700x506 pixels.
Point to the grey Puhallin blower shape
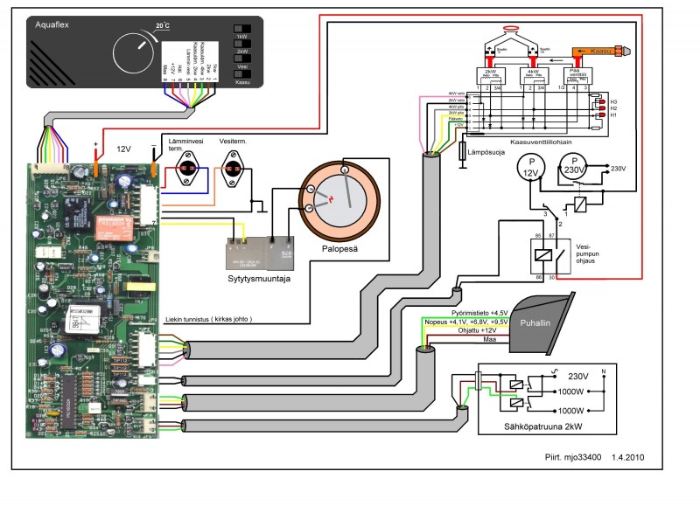tap(537, 320)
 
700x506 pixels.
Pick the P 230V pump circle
tap(574, 166)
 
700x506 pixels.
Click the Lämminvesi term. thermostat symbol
tap(186, 169)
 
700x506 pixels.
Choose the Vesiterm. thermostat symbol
tap(232, 168)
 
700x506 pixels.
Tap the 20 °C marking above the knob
tap(162, 26)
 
